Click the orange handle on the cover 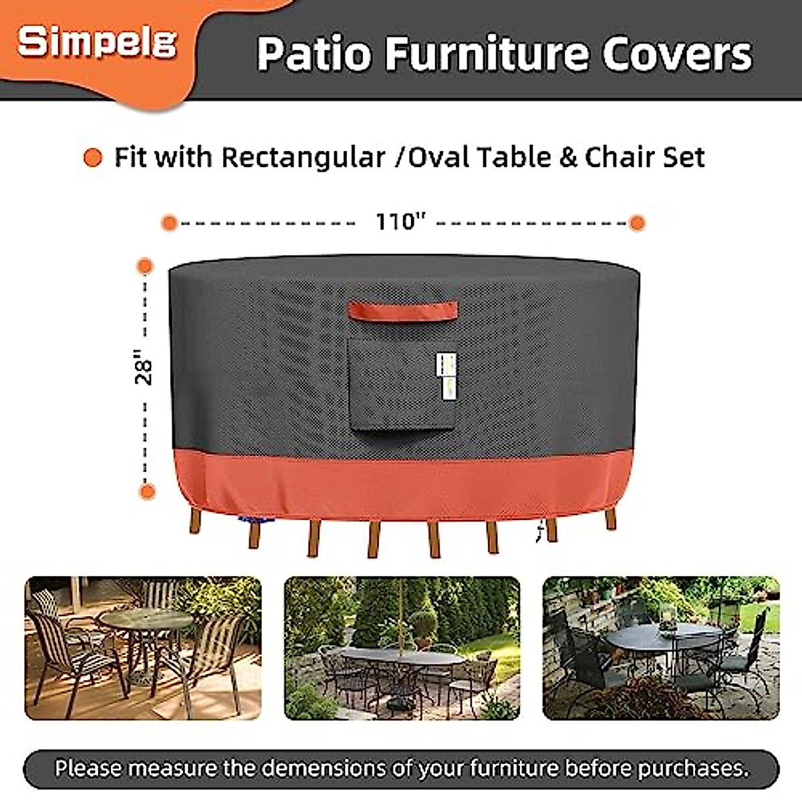[x=402, y=310]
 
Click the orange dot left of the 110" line [x=170, y=223]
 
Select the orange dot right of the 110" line [x=637, y=223]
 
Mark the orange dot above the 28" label [x=144, y=266]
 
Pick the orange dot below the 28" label [x=146, y=492]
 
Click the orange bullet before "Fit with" [x=93, y=158]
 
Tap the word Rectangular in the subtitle [x=303, y=158]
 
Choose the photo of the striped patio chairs [x=143, y=648]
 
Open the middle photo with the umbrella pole [x=402, y=648]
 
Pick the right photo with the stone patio [x=660, y=648]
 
